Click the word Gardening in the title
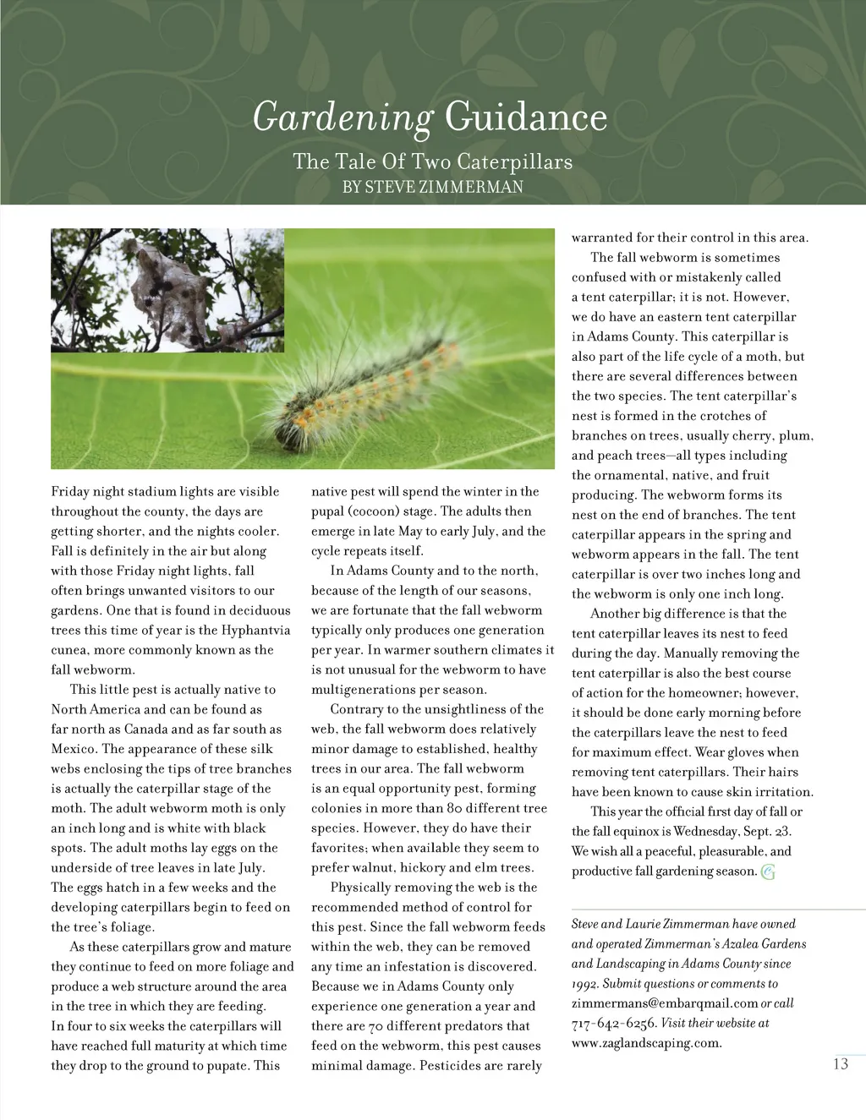pos(342,117)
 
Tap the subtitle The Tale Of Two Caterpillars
pos(432,161)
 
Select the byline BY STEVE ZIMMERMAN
pos(432,187)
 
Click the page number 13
pos(840,1063)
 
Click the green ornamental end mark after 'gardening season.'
pos(768,872)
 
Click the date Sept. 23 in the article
pos(767,831)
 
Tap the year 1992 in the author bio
pos(584,984)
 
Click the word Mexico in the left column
pos(74,749)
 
